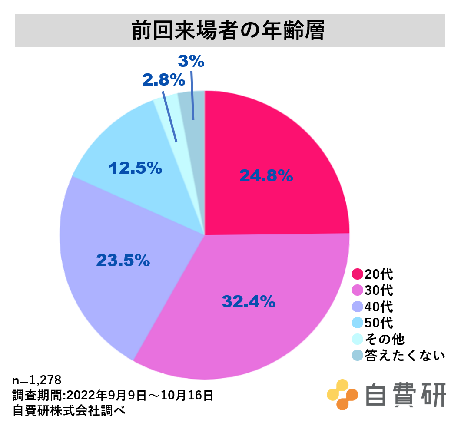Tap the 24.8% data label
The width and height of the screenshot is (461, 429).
266,176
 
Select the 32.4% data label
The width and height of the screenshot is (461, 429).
249,301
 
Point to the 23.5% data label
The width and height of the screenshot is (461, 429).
123,260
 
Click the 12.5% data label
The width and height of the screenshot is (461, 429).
135,168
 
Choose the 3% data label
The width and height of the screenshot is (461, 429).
191,61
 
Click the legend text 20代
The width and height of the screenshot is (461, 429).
378,274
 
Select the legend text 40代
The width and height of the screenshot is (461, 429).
378,307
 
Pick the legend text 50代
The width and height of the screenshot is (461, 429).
378,323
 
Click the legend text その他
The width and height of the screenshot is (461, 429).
385,339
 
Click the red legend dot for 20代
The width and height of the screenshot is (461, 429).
357,274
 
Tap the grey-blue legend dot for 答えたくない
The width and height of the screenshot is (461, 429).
357,356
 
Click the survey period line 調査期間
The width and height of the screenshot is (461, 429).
113,395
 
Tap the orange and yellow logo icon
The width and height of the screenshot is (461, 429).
342,394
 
